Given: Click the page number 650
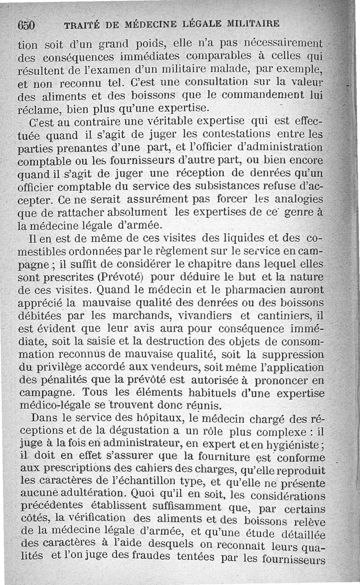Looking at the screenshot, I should coord(27,24).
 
